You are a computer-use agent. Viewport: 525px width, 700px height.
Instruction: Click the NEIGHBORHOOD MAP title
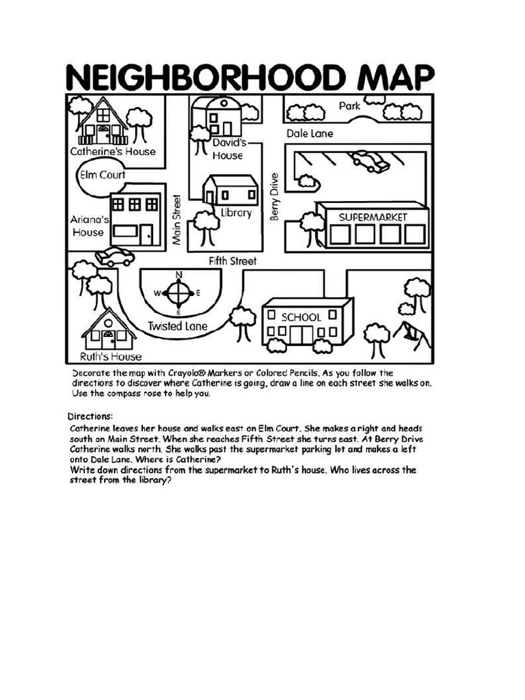tap(250, 77)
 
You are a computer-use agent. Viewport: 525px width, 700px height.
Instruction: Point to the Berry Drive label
tap(274, 196)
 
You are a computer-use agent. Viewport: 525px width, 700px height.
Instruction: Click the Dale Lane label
tap(310, 134)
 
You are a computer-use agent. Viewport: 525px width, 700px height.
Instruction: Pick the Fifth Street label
tap(232, 261)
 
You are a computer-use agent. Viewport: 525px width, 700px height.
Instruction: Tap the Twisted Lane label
tap(177, 326)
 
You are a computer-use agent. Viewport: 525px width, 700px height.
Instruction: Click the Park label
tap(349, 106)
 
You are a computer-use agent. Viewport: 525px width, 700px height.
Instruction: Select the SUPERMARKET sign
tap(373, 217)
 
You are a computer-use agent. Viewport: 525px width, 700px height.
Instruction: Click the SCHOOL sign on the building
tap(301, 317)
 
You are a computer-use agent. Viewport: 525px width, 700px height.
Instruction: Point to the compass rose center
tap(180, 293)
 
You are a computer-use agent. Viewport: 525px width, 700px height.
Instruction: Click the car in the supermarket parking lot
tap(370, 161)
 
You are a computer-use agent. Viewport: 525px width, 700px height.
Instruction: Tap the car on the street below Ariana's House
tap(115, 257)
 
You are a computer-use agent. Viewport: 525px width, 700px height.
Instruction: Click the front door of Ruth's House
tap(109, 339)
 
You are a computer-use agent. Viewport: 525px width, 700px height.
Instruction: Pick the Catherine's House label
tap(113, 151)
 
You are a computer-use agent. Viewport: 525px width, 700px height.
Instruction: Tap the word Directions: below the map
tap(90, 416)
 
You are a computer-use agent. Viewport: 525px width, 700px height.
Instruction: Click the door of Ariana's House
tap(147, 234)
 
